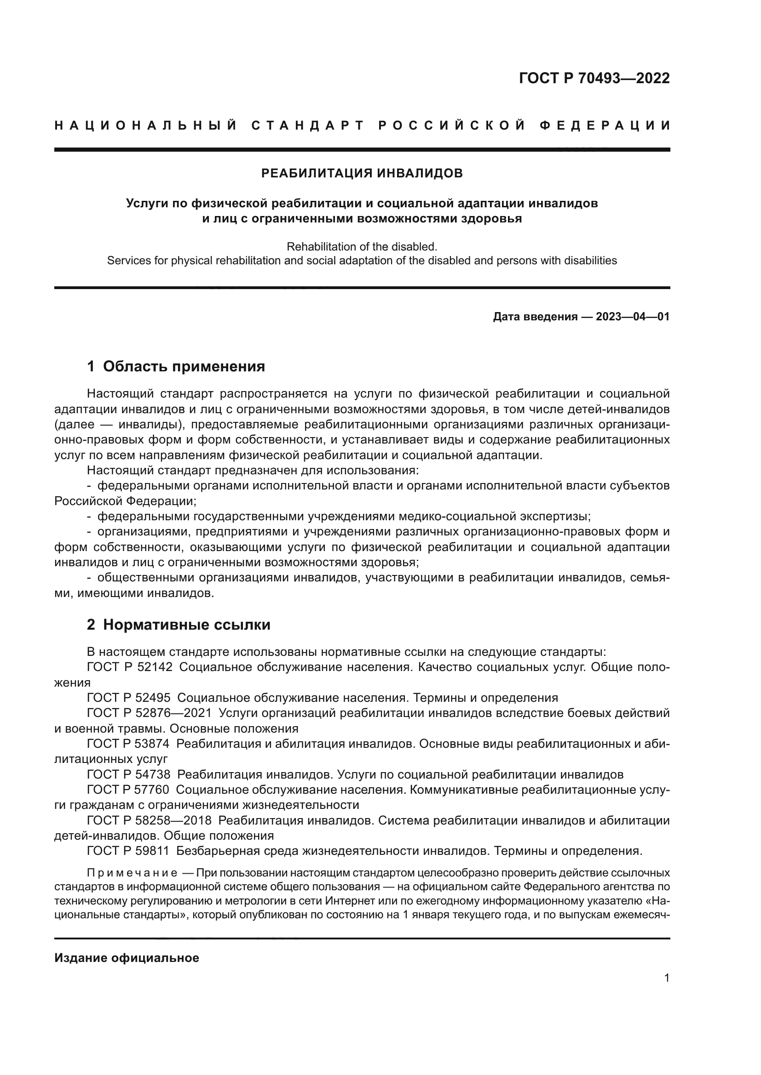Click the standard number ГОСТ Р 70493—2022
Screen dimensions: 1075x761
594,78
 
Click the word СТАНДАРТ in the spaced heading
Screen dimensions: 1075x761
307,125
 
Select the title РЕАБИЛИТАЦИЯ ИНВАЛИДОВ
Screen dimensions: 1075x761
362,173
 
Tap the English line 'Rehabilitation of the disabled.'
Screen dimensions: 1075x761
362,246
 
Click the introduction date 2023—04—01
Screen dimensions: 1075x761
632,317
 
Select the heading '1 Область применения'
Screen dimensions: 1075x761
176,366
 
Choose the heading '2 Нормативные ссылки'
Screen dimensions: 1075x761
179,625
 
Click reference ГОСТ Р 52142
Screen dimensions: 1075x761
129,667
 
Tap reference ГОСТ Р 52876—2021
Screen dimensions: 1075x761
149,714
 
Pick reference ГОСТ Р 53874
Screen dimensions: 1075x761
128,744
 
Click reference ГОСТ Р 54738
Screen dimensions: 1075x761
128,775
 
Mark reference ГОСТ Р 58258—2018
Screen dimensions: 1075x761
149,821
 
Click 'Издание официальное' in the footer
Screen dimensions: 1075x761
127,958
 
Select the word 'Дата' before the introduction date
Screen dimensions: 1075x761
507,317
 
